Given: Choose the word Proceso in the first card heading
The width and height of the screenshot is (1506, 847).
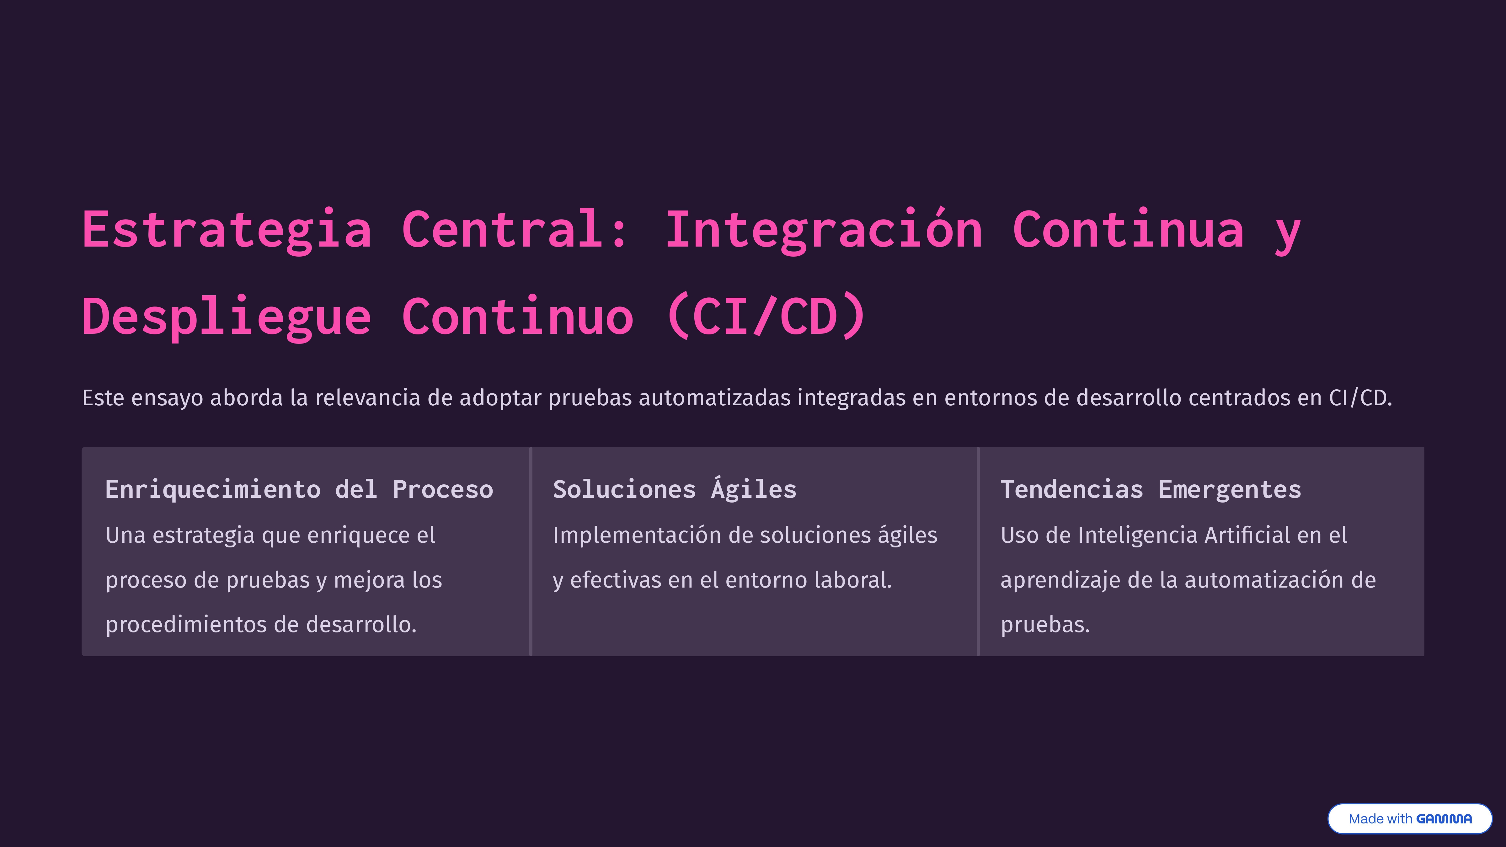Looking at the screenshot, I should pos(443,490).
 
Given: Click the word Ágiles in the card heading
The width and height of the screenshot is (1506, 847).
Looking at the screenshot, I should pos(754,490).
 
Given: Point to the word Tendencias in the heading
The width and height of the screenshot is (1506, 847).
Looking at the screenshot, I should pos(1072,490).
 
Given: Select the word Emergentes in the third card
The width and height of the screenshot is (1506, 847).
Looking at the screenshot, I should pos(1230,490).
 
